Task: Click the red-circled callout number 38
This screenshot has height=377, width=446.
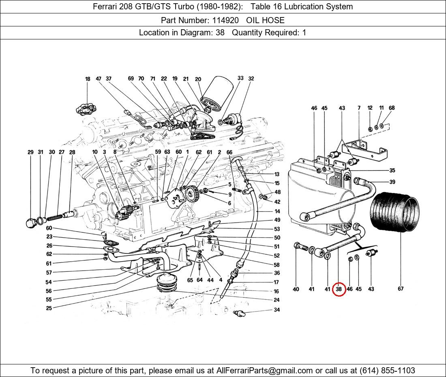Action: (x=339, y=289)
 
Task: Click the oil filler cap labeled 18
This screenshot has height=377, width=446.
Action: (x=86, y=109)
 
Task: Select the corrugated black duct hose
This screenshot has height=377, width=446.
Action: (x=395, y=211)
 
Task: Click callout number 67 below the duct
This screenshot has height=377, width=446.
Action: (x=401, y=289)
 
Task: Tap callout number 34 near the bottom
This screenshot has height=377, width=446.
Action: (x=277, y=310)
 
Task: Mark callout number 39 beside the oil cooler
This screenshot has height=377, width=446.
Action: (x=392, y=182)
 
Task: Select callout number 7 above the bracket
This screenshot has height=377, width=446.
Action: (x=359, y=108)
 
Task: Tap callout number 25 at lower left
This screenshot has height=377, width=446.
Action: (x=49, y=308)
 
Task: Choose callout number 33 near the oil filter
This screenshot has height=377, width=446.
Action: (x=240, y=78)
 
